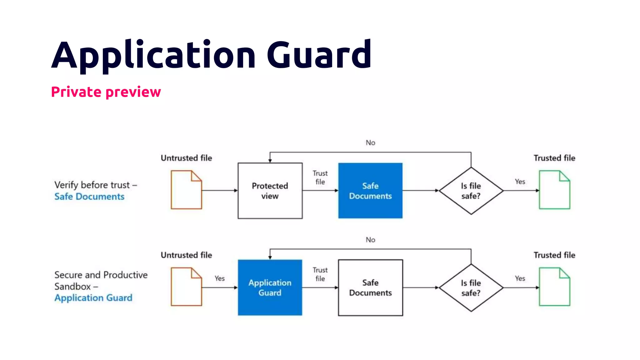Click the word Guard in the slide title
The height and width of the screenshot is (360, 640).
tap(319, 55)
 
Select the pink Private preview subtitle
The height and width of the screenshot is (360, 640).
tap(106, 92)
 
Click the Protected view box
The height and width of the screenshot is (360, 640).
tap(270, 191)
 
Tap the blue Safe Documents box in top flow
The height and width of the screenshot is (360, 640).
tap(370, 191)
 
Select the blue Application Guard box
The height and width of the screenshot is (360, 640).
tap(270, 287)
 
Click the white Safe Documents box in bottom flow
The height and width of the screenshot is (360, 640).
tap(370, 287)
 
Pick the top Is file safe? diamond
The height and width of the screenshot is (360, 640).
tap(471, 191)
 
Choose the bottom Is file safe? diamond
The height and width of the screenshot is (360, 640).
tap(471, 288)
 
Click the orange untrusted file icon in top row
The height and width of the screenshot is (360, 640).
tap(186, 190)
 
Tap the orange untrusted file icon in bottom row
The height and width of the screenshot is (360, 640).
tap(186, 287)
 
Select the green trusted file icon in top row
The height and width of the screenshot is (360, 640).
tap(554, 190)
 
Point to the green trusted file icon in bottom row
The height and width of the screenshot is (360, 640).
tap(554, 287)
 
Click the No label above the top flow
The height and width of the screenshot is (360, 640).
tap(370, 143)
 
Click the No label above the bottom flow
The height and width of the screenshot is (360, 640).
tap(370, 240)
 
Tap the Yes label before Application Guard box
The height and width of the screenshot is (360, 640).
tap(219, 278)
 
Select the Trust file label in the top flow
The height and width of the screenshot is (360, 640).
tap(320, 177)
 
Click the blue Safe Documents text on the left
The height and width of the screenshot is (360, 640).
tap(89, 197)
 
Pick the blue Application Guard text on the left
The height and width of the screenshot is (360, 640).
tap(93, 298)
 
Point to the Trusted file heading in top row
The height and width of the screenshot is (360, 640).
tap(554, 158)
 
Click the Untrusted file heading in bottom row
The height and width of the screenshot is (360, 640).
tap(186, 255)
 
